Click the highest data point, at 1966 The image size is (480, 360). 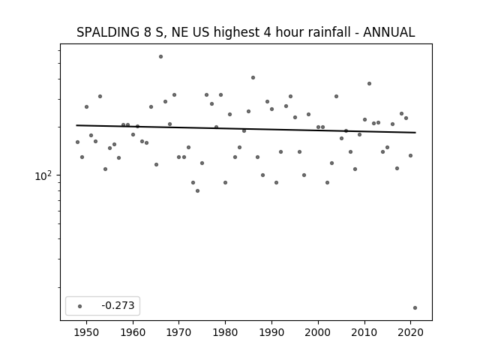point(160,57)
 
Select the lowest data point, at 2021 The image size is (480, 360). point(415,308)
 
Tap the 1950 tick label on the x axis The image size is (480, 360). point(87,332)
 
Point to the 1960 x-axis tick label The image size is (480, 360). point(133,332)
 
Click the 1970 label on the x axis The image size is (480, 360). point(179,332)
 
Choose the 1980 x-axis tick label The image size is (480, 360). point(225,332)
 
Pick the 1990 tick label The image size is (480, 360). point(271,332)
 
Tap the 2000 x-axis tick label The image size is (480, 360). point(318,332)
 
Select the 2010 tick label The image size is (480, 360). point(364,332)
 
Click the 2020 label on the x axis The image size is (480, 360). point(410,332)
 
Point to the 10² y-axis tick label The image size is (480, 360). point(43,175)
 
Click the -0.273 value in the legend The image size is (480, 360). point(118,305)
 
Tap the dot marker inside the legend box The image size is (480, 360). point(80,306)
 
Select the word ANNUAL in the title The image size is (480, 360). point(389,32)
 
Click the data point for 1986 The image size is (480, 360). point(253,78)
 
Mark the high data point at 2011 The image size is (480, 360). point(369,83)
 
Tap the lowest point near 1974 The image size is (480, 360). point(197,191)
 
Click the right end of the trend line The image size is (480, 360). point(415,133)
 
